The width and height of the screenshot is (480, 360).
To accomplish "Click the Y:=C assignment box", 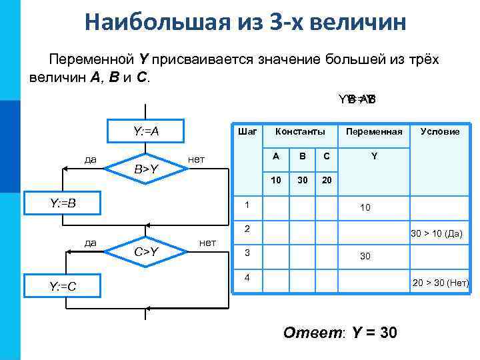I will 63,287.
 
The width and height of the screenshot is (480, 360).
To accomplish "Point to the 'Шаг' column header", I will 247,131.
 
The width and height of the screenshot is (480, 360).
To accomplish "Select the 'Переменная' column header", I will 373,131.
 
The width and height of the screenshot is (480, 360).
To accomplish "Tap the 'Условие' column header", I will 439,131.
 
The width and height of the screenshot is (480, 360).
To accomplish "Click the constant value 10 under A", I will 276,181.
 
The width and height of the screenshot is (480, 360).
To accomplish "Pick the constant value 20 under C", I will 326,181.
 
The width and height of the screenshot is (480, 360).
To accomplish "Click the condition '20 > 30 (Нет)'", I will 441,283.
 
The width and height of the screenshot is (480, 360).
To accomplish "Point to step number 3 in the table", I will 247,253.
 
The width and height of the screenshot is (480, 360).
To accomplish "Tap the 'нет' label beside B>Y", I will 197,159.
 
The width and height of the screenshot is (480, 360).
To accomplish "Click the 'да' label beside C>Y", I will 87,243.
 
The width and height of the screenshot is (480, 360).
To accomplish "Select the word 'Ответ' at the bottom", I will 313,331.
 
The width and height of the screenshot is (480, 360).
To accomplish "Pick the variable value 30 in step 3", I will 365,256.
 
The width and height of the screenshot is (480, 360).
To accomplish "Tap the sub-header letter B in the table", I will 302,157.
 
